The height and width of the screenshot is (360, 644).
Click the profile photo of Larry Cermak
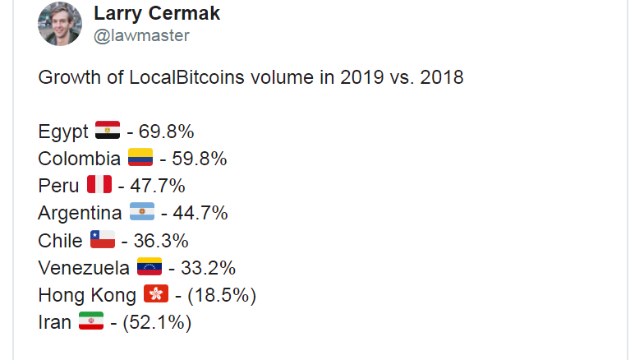(x=59, y=23)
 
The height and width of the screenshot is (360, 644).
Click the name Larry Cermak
(x=157, y=13)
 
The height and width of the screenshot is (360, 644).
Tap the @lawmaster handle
(x=141, y=35)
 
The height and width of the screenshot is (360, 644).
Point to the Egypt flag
(x=108, y=131)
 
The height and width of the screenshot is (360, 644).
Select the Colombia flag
(x=140, y=158)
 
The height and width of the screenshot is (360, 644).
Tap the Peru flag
(x=99, y=185)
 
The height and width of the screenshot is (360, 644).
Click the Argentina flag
(x=142, y=213)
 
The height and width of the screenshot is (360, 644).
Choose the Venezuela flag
(x=149, y=267)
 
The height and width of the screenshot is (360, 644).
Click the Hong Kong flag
(x=155, y=294)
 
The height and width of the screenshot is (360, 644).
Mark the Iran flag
(x=90, y=322)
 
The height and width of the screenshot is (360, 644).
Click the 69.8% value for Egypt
(x=166, y=131)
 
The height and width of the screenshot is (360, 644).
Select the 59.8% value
(x=199, y=158)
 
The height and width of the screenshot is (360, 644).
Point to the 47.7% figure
(x=157, y=185)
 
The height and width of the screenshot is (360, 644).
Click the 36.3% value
(x=160, y=240)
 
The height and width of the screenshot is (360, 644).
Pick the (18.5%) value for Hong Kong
(x=221, y=294)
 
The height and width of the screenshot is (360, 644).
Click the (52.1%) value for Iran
(x=156, y=322)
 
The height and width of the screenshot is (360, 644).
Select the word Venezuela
(x=83, y=267)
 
